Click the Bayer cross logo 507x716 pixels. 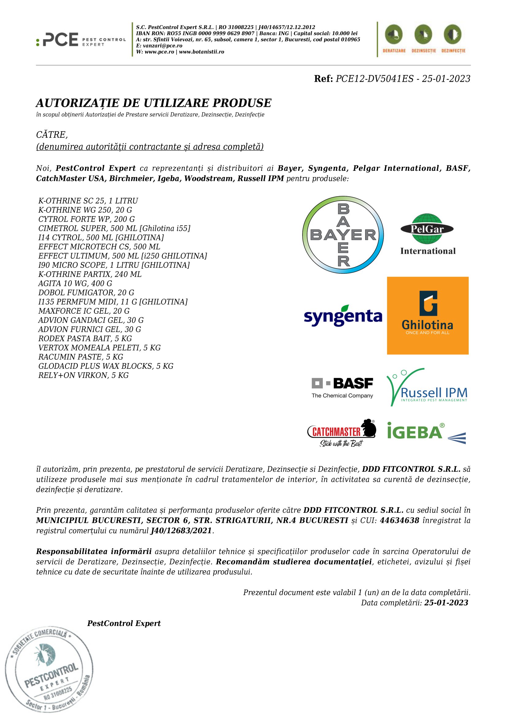click(343, 235)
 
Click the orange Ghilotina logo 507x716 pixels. click(427, 315)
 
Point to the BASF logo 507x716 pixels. click(342, 387)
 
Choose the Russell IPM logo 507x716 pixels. click(427, 387)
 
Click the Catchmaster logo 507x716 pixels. click(341, 433)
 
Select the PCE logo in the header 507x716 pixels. click(81, 39)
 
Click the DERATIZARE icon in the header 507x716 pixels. click(394, 39)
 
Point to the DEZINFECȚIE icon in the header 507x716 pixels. click(453, 39)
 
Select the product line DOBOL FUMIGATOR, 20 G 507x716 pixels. click(86, 293)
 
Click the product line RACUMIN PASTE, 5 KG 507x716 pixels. click(81, 357)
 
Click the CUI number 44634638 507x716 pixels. click(399, 520)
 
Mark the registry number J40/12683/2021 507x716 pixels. click(181, 530)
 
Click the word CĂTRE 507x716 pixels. click(51, 135)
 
